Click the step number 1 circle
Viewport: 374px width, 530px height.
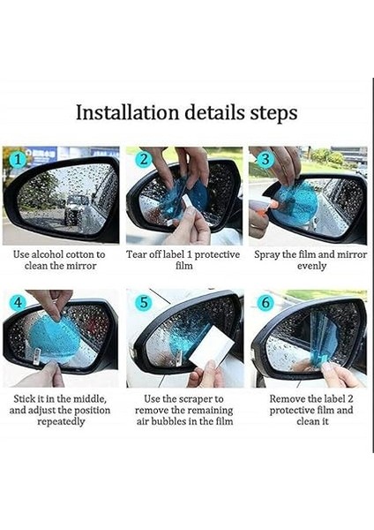[x=19, y=158]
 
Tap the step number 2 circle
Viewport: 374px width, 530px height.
[x=144, y=158]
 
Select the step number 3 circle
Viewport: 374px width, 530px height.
[x=266, y=159]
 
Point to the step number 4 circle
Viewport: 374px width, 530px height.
[x=18, y=302]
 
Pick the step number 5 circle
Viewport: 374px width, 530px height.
[x=144, y=302]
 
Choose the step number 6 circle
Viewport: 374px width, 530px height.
[x=266, y=302]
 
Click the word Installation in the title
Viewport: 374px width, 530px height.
[x=127, y=112]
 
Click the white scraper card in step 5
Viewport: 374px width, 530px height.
[x=212, y=344]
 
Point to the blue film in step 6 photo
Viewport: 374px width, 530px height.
[x=322, y=339]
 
